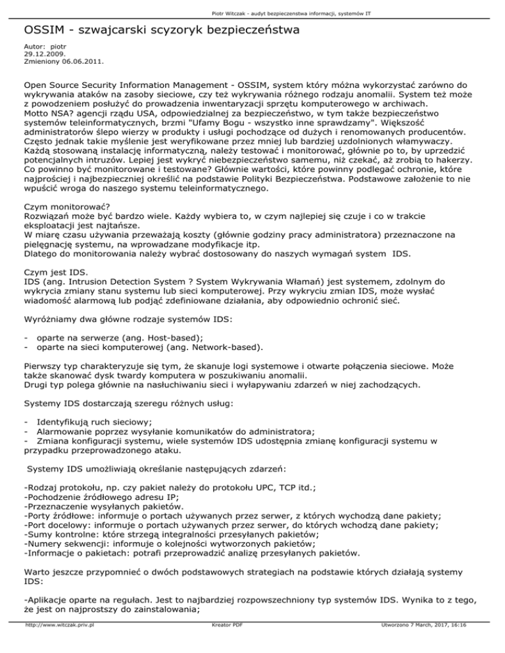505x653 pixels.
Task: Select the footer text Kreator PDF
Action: click(x=224, y=644)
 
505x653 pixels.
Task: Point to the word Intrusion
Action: click(x=91, y=290)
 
